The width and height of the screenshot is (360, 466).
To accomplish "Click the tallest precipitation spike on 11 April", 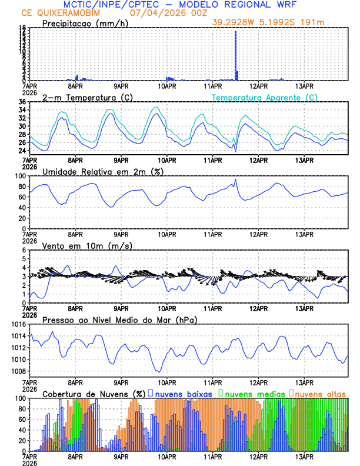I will click(235, 53).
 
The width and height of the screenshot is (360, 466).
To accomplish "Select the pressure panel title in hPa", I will click(119, 319).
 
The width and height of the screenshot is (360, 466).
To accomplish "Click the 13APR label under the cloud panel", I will click(304, 455).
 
